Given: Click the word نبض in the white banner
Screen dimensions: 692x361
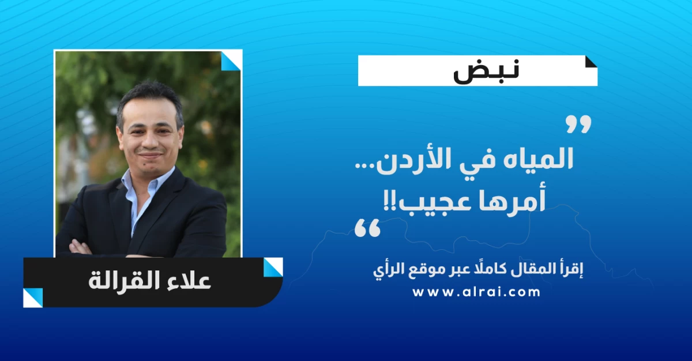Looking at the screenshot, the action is [486, 71].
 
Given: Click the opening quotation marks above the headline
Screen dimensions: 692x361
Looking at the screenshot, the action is [578, 124].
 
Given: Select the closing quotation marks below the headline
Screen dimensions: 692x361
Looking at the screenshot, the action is [367, 228].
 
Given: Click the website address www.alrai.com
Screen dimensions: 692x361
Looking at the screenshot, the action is [476, 292].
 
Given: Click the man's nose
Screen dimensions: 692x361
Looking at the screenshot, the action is [150, 141].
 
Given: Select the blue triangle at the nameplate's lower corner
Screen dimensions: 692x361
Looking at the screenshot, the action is [32, 298].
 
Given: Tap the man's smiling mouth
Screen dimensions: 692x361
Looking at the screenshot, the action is [150, 155].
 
